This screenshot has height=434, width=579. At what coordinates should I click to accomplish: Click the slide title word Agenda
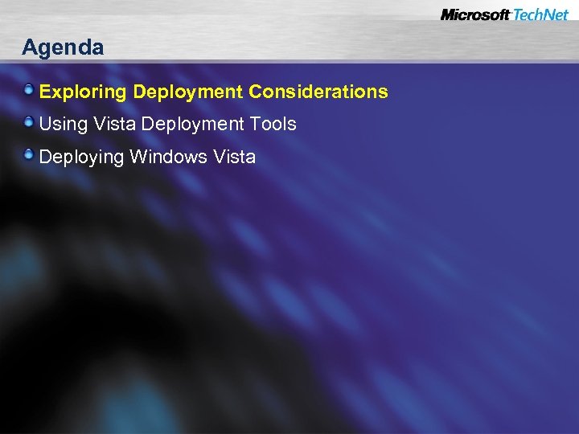(63, 48)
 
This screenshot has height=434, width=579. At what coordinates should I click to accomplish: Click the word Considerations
(318, 92)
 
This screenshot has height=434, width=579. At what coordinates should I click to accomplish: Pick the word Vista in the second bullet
(115, 125)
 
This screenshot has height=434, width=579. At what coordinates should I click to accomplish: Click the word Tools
(273, 125)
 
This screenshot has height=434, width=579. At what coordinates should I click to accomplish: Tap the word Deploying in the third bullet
(81, 158)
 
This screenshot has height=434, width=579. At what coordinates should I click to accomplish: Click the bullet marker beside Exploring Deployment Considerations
(30, 91)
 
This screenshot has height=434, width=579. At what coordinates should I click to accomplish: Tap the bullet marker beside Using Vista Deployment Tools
(30, 123)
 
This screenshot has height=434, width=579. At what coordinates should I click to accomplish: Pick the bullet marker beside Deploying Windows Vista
(30, 155)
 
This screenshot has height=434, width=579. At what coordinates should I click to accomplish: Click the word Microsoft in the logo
(475, 15)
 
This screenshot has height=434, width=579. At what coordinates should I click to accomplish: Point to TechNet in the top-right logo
(541, 15)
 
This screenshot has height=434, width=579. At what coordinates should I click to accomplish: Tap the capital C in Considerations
(256, 92)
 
